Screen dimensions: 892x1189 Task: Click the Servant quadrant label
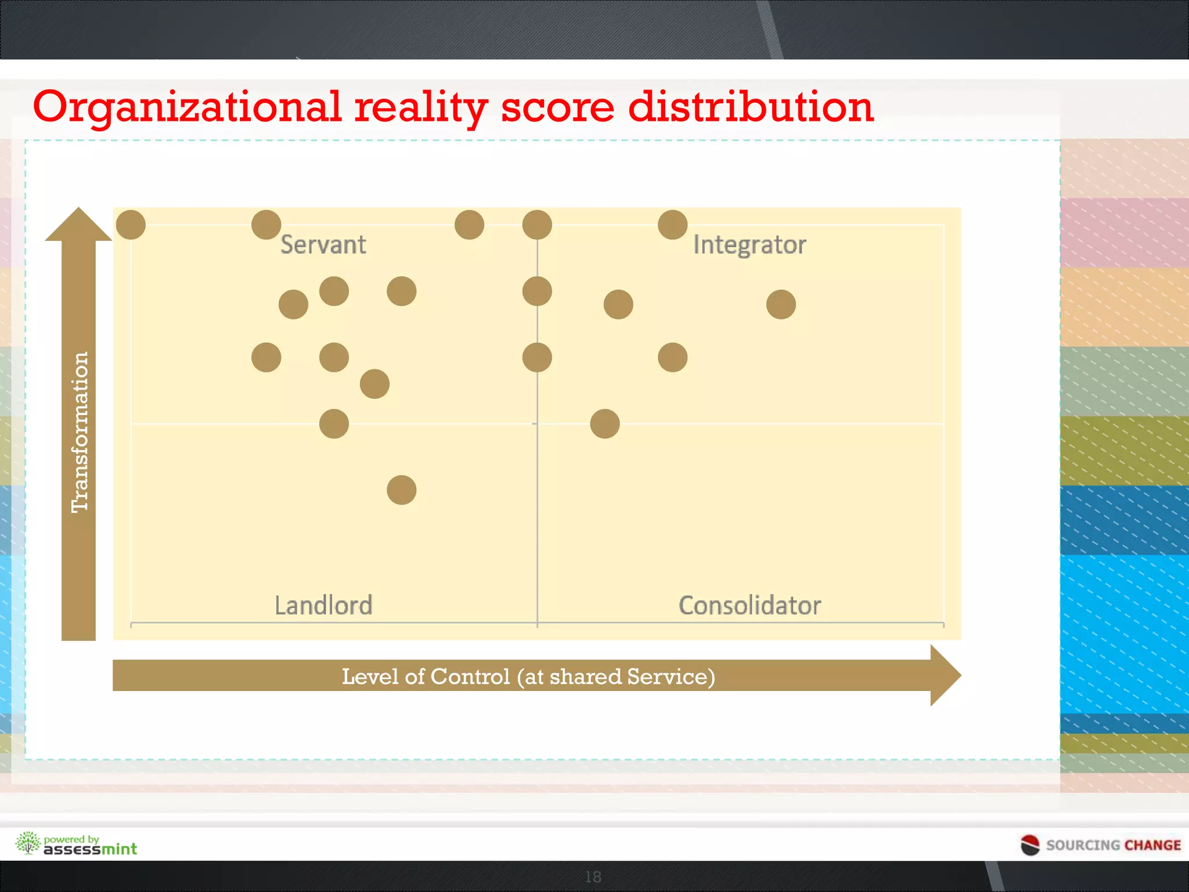[x=323, y=245]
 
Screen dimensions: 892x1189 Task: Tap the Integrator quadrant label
[x=749, y=245]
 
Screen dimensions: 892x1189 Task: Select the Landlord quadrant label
[x=323, y=606]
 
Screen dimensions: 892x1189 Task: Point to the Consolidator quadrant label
[x=750, y=606]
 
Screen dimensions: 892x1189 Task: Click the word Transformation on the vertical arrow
[x=80, y=432]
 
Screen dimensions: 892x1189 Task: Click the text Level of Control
[x=426, y=677]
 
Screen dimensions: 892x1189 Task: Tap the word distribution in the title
[x=751, y=107]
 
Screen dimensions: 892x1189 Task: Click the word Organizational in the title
[x=187, y=107]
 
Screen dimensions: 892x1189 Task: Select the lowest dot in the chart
[x=402, y=490]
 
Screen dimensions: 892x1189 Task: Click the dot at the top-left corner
[x=131, y=225]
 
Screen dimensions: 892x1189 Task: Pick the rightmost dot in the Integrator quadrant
[x=781, y=304]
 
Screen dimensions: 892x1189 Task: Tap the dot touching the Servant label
[x=266, y=225]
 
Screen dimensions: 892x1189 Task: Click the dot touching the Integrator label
[x=673, y=225]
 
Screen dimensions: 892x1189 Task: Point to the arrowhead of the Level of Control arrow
[x=945, y=675]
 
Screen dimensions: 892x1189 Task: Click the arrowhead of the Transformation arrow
[x=78, y=225]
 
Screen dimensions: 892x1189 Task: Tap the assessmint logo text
[x=91, y=849]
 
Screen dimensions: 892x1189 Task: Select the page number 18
[x=593, y=877]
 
